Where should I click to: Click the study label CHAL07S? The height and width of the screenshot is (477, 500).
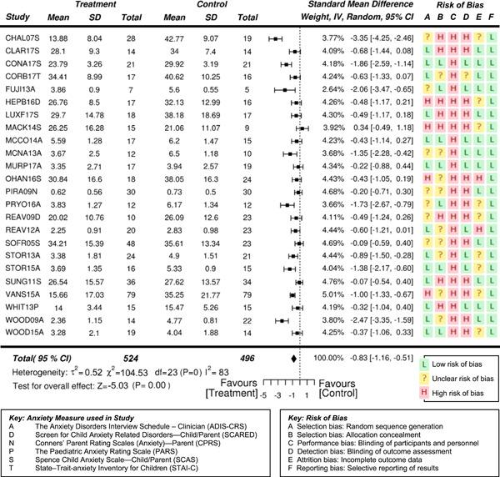pos(26,38)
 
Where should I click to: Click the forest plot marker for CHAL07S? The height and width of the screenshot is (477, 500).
pos(274,38)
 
